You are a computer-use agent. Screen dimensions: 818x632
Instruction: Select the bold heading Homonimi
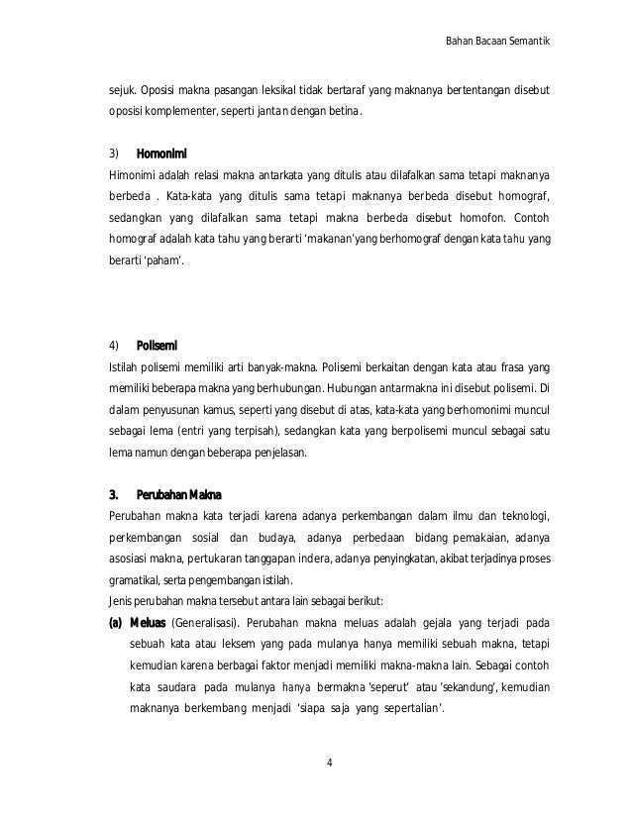(161, 153)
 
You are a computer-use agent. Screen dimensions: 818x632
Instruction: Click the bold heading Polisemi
(157, 345)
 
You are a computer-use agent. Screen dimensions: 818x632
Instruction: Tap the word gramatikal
(139, 580)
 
